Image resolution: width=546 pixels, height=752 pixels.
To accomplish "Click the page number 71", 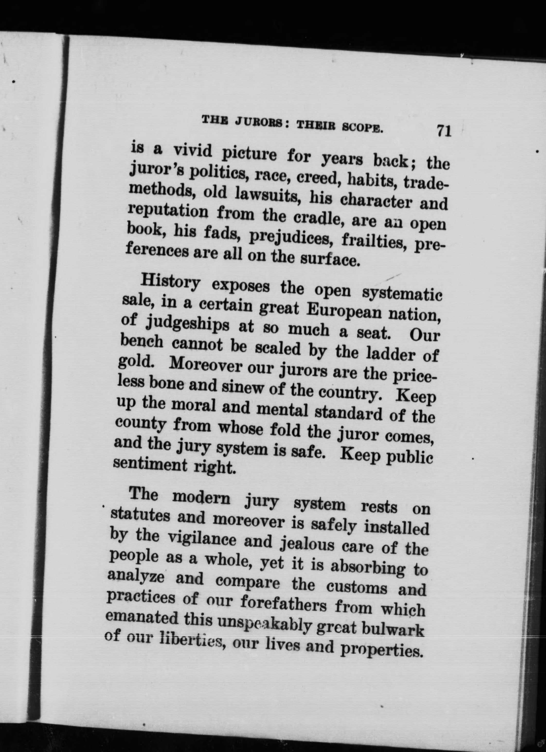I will [x=444, y=131].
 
